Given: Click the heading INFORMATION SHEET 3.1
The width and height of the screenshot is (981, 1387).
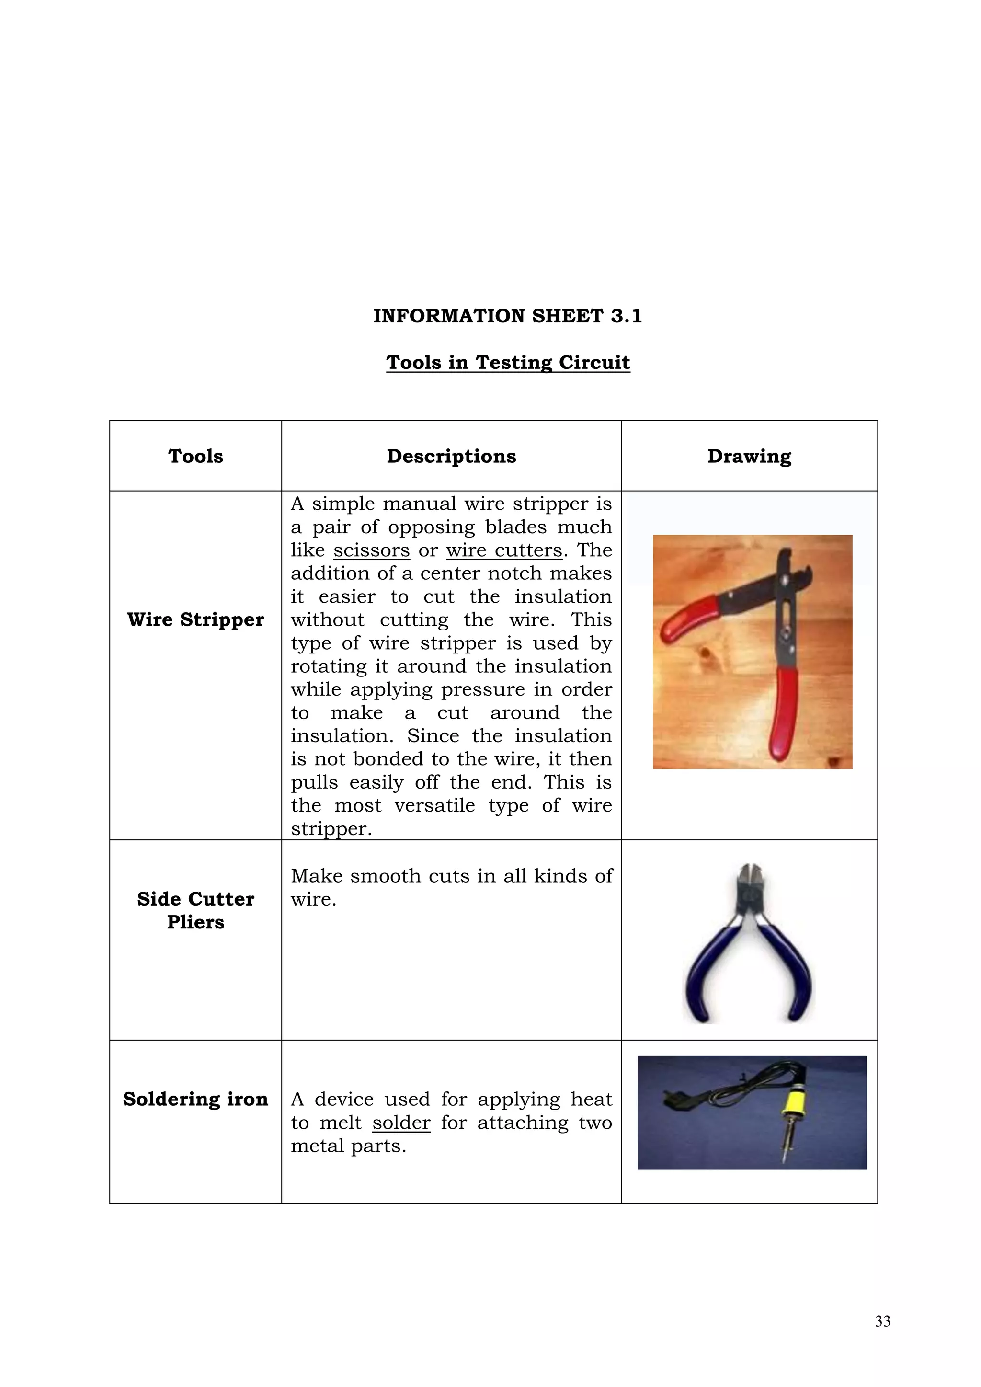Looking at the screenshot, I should [507, 316].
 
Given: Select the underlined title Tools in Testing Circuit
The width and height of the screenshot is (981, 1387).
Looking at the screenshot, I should [508, 363].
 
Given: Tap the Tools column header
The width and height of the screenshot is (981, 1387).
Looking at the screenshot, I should [196, 456].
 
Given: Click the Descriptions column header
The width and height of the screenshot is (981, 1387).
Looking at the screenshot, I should [451, 456].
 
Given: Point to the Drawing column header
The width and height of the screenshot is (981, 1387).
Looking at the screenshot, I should [749, 456].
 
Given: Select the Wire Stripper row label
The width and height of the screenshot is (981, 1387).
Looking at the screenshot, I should [196, 620].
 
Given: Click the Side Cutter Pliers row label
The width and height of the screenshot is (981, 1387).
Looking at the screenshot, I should [196, 910].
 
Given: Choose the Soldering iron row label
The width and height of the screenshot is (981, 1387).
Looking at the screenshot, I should [196, 1099].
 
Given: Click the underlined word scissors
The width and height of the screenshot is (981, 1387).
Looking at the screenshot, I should [372, 550].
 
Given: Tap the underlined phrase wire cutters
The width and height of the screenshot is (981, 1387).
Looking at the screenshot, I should [504, 550].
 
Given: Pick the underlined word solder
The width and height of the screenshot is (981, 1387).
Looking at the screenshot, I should [401, 1123].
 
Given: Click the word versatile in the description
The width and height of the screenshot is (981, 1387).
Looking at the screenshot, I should [435, 806].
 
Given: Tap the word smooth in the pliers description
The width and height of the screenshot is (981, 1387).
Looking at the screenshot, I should [386, 876].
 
